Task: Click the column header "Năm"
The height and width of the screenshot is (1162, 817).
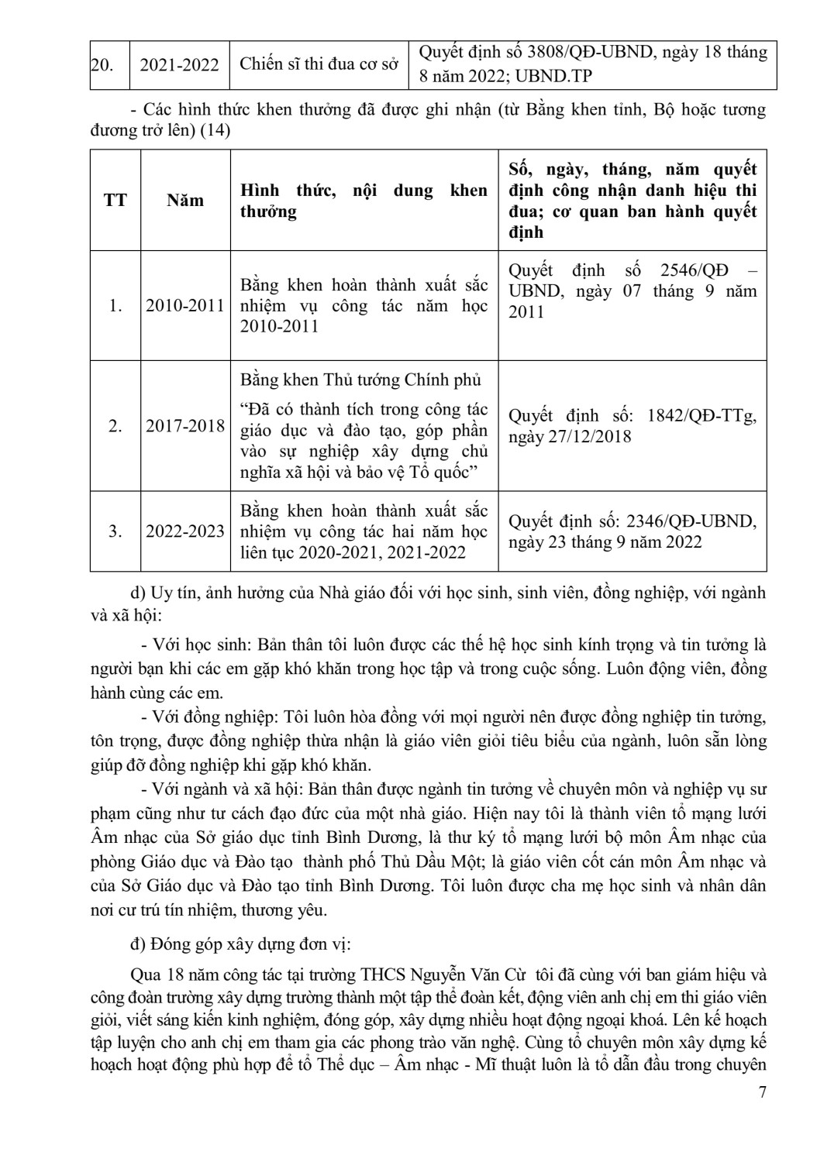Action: [185, 201]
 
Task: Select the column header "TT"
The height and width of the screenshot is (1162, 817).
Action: [115, 201]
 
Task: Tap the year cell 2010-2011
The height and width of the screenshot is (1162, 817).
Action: [185, 306]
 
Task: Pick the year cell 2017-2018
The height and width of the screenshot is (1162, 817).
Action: [185, 426]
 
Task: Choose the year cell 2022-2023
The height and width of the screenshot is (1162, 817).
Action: [185, 531]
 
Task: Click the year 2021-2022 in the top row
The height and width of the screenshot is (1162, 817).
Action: [179, 64]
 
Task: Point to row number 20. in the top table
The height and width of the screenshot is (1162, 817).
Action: [102, 64]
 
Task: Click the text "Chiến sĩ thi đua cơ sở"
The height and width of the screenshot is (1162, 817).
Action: [319, 64]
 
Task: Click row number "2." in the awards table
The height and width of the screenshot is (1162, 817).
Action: [115, 426]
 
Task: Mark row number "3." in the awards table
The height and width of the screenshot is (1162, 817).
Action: [115, 531]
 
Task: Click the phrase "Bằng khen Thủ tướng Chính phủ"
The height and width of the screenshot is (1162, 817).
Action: [360, 380]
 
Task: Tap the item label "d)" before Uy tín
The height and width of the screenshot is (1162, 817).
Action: [140, 593]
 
